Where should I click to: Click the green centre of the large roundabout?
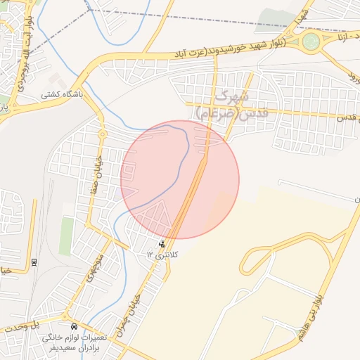point(311,43)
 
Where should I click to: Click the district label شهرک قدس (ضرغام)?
point(223,104)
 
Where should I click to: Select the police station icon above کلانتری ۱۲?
point(162,243)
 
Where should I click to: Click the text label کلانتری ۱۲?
point(163,253)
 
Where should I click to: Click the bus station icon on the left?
point(34,262)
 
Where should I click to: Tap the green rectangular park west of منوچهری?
point(66,236)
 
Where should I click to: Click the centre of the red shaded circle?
point(180,179)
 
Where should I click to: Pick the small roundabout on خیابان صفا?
point(103,133)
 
